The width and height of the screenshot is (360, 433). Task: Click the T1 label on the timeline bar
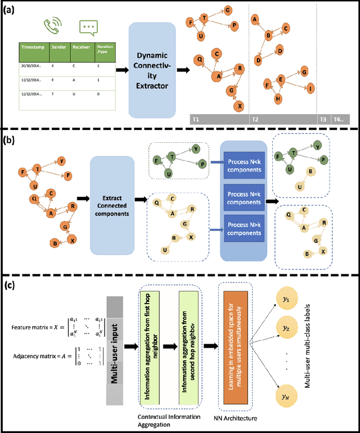click(x=196, y=119)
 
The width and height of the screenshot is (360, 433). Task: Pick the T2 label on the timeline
click(x=255, y=119)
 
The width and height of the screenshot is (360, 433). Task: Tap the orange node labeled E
click(x=280, y=81)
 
